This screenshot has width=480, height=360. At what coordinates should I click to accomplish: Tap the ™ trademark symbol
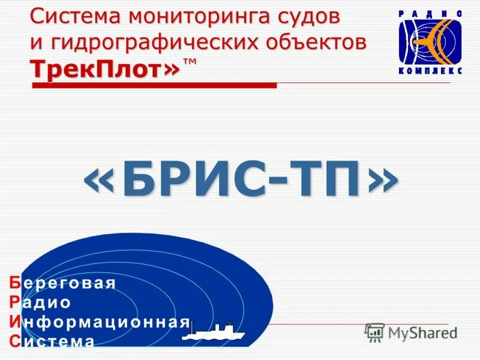tap(190, 62)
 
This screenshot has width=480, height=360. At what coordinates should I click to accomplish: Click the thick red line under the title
tap(154, 86)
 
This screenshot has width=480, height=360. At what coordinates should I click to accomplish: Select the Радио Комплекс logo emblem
tap(431, 41)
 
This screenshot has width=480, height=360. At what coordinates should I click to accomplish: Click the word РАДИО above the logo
tap(431, 13)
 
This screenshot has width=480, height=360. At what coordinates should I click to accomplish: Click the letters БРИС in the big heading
tap(203, 179)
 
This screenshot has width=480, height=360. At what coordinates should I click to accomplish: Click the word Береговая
tap(62, 283)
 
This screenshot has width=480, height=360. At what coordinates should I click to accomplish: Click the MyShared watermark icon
tap(374, 332)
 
